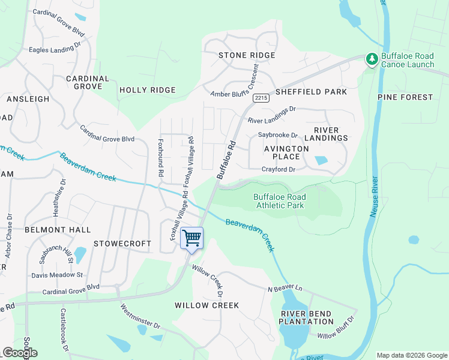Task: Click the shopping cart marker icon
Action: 191,239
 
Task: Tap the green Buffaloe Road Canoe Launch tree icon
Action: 372,59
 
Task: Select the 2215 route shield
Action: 261,98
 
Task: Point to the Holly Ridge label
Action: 148,90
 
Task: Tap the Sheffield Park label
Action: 311,92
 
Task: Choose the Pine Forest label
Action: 405,97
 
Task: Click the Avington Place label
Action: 287,152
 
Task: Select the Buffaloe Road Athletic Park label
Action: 279,201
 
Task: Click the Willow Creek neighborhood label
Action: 206,305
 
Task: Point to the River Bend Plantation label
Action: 306,317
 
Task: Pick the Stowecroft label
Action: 118,244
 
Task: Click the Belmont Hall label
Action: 58,230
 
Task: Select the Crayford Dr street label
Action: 278,170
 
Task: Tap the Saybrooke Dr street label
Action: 278,135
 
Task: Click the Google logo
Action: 20,353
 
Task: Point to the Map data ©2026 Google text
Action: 411,355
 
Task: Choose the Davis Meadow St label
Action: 57,275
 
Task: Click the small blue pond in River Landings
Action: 321,160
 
